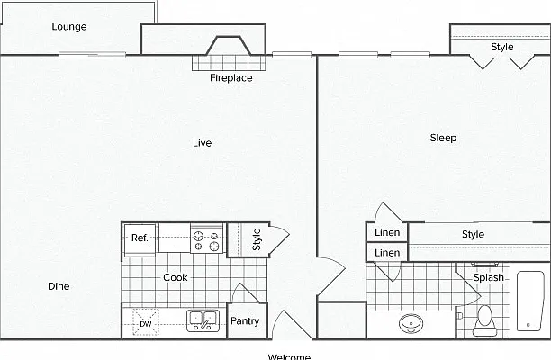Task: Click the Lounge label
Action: (69, 27)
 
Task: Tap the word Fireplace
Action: (231, 77)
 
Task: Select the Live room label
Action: (202, 143)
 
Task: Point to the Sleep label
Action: (443, 138)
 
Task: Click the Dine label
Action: (59, 286)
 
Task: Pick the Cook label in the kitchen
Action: (176, 277)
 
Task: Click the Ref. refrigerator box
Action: (140, 240)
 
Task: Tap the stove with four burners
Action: (207, 238)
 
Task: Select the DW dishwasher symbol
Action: (146, 322)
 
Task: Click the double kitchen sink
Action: (203, 320)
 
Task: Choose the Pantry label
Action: (245, 321)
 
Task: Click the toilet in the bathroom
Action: (485, 320)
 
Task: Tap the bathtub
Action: (530, 301)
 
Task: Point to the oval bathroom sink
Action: (411, 323)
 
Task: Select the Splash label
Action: (489, 277)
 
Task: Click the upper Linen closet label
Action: (387, 232)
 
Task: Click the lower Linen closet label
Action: (387, 253)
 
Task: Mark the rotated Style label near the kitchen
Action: (257, 239)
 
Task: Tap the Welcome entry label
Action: (289, 356)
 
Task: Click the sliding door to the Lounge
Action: (92, 55)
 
